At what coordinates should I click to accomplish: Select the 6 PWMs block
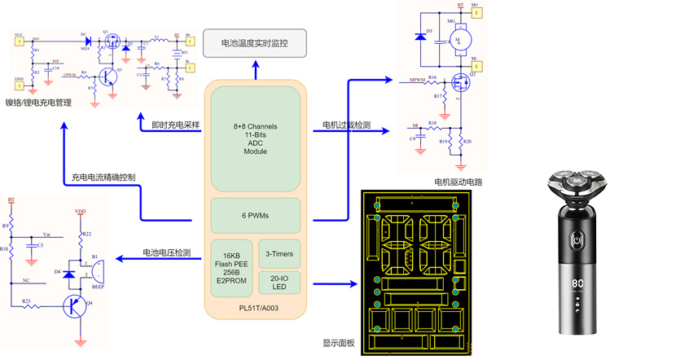255,215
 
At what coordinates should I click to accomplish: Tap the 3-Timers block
279,254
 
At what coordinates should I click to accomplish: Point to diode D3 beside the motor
419,36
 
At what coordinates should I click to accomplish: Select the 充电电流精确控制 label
103,177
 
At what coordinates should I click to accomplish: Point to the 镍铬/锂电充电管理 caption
38,103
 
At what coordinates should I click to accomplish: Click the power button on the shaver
577,240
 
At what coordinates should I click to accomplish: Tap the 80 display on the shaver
577,287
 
